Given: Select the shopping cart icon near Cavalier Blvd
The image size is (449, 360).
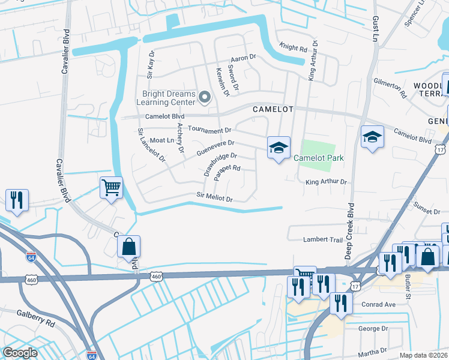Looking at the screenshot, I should [112, 188].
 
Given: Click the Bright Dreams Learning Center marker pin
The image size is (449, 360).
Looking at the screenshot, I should [205, 97].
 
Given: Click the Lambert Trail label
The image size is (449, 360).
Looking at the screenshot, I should [324, 239].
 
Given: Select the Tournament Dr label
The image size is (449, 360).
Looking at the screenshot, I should [209, 130].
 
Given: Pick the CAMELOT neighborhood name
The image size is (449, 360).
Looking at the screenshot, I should [273, 109].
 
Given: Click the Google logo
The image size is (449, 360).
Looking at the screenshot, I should [20, 353].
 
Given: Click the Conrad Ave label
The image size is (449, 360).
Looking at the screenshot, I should [378, 305].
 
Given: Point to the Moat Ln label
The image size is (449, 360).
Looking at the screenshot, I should [161, 140].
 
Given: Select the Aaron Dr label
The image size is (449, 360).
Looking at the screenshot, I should [244, 57].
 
